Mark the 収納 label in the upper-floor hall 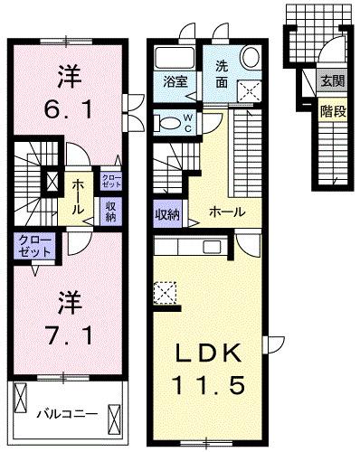coord(109,210)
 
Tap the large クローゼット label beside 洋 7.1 coord(33,245)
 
